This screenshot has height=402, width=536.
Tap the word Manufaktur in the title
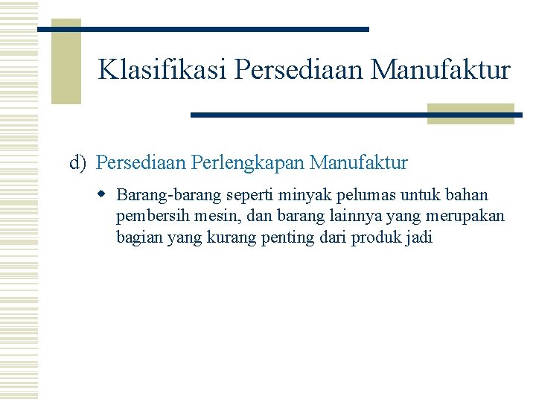click(441, 70)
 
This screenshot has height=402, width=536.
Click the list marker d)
click(79, 162)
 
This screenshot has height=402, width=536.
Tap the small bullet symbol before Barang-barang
click(103, 195)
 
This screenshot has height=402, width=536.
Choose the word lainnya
click(347, 216)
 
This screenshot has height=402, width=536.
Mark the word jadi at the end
click(418, 237)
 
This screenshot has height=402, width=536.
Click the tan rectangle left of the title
click(66, 62)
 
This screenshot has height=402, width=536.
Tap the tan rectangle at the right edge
click(470, 113)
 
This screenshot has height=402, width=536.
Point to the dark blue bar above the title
click(202, 29)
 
